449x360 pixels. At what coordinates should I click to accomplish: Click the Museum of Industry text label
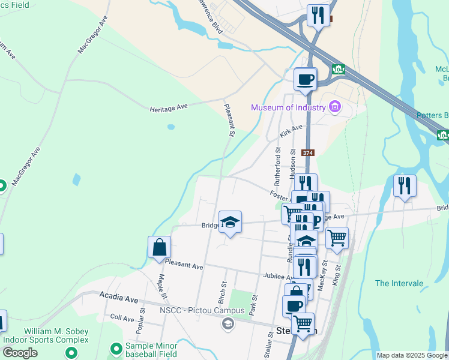coord(288,108)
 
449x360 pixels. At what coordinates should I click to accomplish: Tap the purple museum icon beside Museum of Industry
coord(335,108)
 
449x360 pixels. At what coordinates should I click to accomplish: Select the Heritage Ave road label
coord(169,106)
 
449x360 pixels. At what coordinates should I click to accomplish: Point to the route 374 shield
coord(308,153)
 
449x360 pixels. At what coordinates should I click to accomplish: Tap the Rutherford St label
coord(277,166)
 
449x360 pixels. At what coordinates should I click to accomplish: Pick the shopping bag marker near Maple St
coord(159,247)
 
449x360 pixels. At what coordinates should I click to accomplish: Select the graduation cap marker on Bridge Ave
coord(230,223)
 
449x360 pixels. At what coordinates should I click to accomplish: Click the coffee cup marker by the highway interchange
coord(305,79)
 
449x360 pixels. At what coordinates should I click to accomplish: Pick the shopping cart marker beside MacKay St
coord(337,238)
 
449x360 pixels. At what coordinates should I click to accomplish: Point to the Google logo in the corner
coord(20,353)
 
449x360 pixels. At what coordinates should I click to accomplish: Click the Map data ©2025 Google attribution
coord(412,355)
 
